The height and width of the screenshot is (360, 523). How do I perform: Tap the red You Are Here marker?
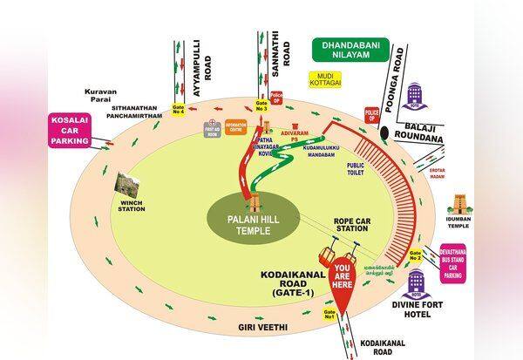pyautogui.click(x=344, y=278)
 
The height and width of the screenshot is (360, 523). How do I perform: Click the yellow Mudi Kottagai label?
pyautogui.click(x=324, y=79)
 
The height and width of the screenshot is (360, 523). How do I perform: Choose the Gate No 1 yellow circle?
pyautogui.click(x=329, y=313)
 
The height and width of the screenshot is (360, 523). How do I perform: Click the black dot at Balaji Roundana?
pyautogui.click(x=385, y=132)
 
